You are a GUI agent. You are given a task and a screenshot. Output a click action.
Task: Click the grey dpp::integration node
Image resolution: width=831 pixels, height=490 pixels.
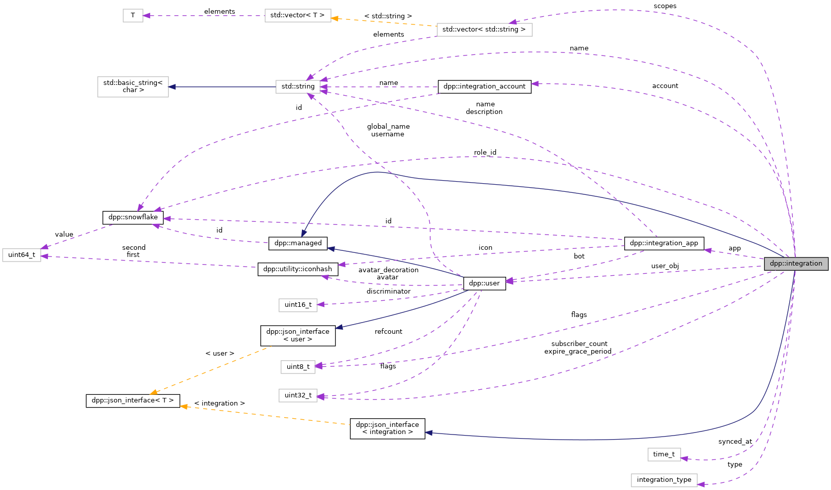(796, 264)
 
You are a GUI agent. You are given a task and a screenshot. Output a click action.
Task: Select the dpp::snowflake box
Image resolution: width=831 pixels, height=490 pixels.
(133, 217)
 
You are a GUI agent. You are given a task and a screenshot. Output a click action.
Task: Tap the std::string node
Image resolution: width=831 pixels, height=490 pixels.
(298, 87)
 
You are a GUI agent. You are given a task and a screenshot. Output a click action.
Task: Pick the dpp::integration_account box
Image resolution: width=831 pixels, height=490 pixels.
(484, 87)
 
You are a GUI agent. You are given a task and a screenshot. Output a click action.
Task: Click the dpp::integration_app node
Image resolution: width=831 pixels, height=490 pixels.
(664, 243)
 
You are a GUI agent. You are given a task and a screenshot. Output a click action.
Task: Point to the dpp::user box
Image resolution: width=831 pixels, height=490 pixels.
(484, 283)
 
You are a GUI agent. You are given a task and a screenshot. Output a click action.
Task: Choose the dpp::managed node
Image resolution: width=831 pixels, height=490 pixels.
(298, 243)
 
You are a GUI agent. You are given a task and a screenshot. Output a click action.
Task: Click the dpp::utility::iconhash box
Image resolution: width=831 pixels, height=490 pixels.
(298, 269)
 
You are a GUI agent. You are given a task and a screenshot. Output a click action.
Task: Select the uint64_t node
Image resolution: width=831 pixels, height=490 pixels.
(21, 255)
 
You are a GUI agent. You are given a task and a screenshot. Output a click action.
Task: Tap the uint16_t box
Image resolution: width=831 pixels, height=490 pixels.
(298, 305)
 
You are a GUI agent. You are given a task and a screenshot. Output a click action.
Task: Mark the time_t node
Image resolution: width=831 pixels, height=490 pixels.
(664, 454)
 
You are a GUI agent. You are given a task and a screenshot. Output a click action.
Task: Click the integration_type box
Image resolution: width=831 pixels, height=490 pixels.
(664, 480)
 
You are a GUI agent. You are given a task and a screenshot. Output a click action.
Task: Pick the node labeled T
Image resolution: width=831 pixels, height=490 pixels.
(133, 15)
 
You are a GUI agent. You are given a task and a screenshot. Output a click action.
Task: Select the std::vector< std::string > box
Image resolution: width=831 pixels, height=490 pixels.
(484, 30)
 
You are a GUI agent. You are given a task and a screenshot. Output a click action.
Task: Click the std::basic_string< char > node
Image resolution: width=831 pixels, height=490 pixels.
(133, 87)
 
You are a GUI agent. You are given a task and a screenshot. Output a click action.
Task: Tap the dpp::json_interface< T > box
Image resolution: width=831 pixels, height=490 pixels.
(133, 400)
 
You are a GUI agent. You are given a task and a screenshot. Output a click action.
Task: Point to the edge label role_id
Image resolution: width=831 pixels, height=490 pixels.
(485, 153)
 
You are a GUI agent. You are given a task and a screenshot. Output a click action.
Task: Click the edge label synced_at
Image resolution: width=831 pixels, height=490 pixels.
(735, 442)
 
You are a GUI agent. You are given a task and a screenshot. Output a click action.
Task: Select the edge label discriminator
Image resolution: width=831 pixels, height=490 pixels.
(388, 292)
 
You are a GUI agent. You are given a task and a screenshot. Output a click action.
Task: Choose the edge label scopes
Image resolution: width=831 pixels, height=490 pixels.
(665, 6)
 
